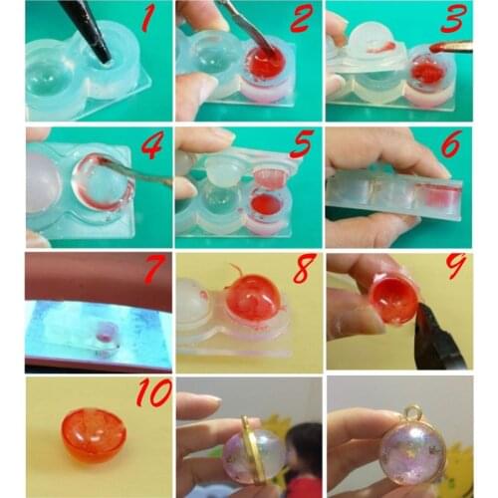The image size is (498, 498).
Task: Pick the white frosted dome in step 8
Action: coord(198,303)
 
